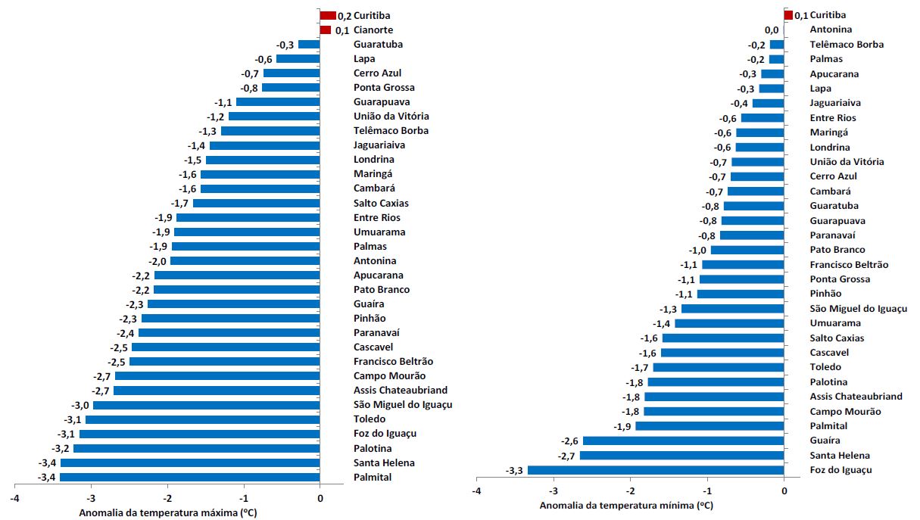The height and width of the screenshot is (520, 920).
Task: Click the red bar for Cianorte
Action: point(326,30)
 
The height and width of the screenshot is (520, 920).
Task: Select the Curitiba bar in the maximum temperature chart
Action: point(328,15)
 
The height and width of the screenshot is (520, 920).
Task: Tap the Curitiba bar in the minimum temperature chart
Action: point(788,15)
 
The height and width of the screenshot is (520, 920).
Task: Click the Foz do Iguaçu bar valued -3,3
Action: point(656,470)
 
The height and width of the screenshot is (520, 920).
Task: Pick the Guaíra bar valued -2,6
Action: point(683,441)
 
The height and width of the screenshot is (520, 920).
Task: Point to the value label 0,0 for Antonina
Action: point(772,30)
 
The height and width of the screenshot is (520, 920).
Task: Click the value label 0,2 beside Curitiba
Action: point(345,15)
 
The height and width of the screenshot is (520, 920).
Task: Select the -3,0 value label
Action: point(81,405)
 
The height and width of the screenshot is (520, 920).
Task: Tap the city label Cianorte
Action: point(373,30)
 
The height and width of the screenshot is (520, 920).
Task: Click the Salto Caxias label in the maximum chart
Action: point(381,204)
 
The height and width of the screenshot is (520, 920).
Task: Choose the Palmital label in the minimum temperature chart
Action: point(829,426)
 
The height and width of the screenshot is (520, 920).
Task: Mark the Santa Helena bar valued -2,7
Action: point(681,456)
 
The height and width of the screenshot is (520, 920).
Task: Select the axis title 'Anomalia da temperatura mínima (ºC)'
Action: point(625,505)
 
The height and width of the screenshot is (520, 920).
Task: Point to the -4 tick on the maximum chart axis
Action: point(14,498)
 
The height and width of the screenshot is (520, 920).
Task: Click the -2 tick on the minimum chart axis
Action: point(630,490)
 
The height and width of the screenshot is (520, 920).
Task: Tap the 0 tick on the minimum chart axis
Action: point(784,490)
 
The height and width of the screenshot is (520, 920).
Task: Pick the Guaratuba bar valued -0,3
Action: point(309,45)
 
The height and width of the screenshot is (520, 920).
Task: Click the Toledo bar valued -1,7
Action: point(718,367)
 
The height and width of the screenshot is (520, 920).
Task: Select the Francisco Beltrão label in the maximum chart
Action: point(393,362)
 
